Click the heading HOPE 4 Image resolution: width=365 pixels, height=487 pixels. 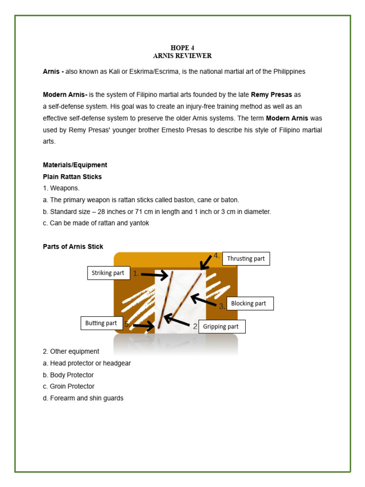coord(182,48)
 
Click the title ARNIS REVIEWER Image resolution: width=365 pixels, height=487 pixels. coord(182,56)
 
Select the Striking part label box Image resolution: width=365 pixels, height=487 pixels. coord(108,273)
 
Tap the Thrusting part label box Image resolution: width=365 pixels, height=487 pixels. coord(246,259)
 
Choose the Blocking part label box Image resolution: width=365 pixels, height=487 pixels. coord(250,303)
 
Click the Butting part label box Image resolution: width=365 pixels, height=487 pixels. coord(102,323)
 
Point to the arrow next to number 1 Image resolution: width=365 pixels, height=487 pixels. coord(154,275)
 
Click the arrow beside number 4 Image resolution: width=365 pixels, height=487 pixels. coord(206,262)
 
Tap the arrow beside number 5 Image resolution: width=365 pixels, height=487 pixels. coord(144,326)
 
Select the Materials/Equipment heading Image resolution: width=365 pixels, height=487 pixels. coord(75,165)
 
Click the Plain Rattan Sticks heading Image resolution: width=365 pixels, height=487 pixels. coord(72,176)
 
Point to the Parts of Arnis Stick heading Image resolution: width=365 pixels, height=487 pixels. coord(73,246)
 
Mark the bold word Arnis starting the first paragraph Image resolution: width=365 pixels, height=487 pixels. coord(53,71)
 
